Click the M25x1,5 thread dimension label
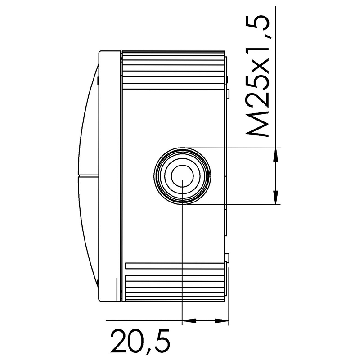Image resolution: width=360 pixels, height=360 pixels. pyautogui.click(x=257, y=76)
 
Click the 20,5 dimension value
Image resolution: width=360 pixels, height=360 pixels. pyautogui.click(x=140, y=342)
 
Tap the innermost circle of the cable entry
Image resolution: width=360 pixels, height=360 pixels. pyautogui.click(x=182, y=176)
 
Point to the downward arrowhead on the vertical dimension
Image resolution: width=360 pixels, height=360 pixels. pyautogui.click(x=275, y=197)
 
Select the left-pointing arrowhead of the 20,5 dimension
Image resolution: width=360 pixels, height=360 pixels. pyautogui.click(x=189, y=320)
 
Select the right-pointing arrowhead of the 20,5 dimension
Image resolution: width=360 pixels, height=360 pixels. pyautogui.click(x=221, y=320)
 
